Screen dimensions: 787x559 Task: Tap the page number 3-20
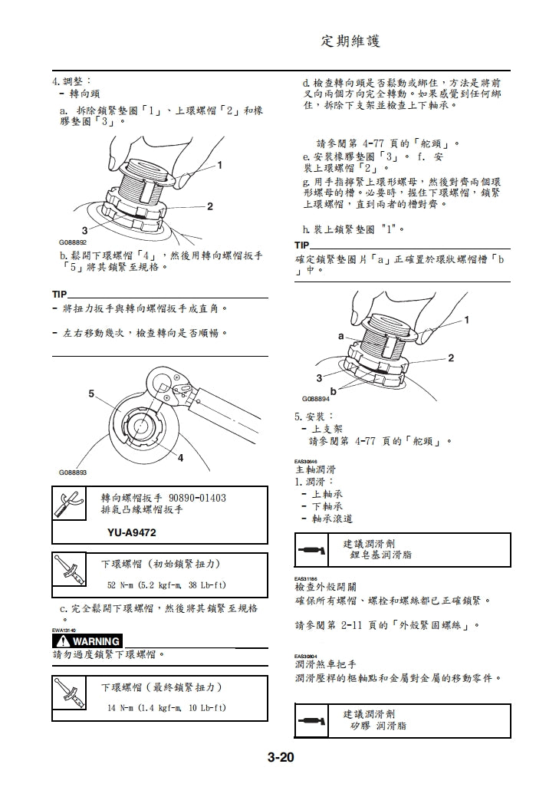[281, 759]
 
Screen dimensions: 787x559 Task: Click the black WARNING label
[87, 641]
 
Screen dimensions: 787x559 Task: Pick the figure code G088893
[73, 473]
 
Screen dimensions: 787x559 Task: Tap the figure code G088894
[315, 399]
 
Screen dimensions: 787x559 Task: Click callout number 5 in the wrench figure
[90, 393]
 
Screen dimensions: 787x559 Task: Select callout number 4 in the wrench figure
[180, 458]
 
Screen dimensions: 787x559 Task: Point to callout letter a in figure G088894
[340, 337]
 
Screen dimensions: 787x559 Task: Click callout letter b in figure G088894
[334, 391]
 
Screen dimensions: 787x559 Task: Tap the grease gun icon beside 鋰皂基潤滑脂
[310, 550]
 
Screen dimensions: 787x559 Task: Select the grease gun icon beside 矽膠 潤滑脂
[310, 721]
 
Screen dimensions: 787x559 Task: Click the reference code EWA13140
[65, 630]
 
